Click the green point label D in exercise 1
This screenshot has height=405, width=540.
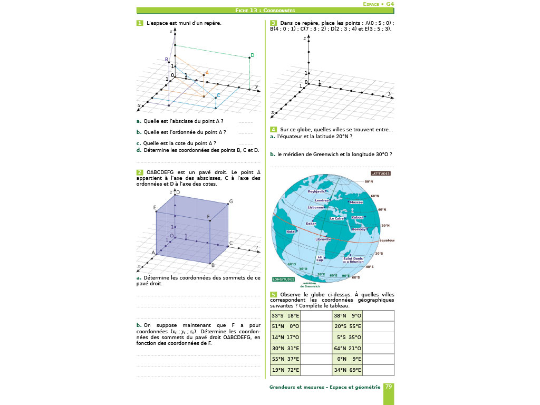click(x=253, y=55)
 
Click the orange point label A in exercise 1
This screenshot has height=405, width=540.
click(x=207, y=73)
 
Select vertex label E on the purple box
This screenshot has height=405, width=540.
click(x=155, y=208)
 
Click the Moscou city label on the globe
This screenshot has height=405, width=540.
click(x=356, y=202)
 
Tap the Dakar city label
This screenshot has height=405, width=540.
click(x=311, y=224)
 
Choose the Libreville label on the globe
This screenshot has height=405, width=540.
click(x=323, y=239)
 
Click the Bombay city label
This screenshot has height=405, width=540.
click(x=359, y=229)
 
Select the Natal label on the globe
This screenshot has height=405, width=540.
click(x=291, y=232)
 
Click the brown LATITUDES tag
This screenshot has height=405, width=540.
click(x=380, y=173)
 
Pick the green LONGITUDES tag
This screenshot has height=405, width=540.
click(x=283, y=279)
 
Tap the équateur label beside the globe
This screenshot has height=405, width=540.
click(x=387, y=240)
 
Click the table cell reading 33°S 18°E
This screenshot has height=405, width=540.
click(x=285, y=316)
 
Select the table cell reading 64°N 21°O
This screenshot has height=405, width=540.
click(x=348, y=348)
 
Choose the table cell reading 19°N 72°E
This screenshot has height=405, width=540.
click(x=285, y=370)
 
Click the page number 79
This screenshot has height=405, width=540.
click(x=389, y=387)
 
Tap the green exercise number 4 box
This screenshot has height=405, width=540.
click(x=273, y=129)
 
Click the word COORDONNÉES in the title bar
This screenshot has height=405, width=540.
click(x=279, y=10)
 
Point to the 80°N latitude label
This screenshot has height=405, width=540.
click(x=369, y=181)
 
